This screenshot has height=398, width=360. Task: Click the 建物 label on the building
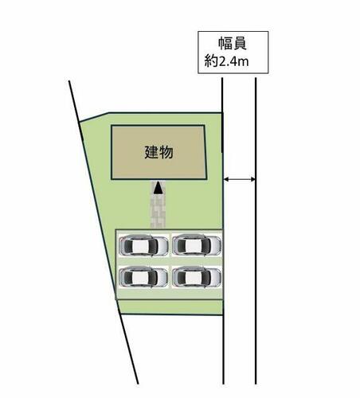point(158,152)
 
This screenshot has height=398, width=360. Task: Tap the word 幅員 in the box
point(233,44)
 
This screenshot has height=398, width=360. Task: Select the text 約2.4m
point(226,61)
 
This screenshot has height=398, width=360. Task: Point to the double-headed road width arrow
point(240,180)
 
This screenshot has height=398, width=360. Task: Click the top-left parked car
point(143,245)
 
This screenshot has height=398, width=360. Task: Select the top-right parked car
point(197,244)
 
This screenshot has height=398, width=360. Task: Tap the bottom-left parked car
point(143,277)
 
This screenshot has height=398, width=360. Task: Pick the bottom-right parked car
point(197,277)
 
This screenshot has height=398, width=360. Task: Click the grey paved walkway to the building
point(158,205)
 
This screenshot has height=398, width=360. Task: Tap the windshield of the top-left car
point(153,245)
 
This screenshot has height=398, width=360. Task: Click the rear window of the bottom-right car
point(180,277)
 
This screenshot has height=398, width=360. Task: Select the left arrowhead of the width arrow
point(226,180)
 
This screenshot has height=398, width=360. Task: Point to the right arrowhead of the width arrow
point(253,180)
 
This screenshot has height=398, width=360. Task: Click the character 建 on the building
point(151,152)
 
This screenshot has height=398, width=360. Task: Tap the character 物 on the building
point(166,152)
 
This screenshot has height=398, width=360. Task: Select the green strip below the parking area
point(170,307)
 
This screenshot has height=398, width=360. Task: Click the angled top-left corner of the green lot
point(108,113)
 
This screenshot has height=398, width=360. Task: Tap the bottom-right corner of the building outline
point(206,179)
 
